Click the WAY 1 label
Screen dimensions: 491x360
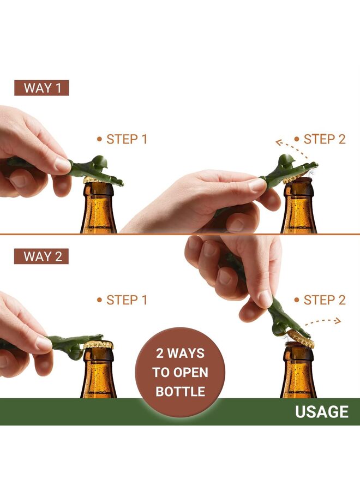(41, 87)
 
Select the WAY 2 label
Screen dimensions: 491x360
(41, 256)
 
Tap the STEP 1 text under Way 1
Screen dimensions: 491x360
(127, 139)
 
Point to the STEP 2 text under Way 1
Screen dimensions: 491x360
(324, 139)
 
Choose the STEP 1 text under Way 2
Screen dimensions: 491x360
(127, 300)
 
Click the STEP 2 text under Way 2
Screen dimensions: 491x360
(324, 300)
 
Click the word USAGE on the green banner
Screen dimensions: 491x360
(321, 411)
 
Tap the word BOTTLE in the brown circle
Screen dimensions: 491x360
(180, 392)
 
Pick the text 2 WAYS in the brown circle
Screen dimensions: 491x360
(180, 353)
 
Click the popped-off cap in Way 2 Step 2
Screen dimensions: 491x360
(301, 339)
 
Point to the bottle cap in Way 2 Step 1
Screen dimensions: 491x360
(99, 345)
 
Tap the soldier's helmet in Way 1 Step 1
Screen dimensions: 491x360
(98, 162)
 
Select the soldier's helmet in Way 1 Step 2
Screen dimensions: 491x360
(286, 160)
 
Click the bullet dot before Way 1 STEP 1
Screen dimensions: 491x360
(99, 139)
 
